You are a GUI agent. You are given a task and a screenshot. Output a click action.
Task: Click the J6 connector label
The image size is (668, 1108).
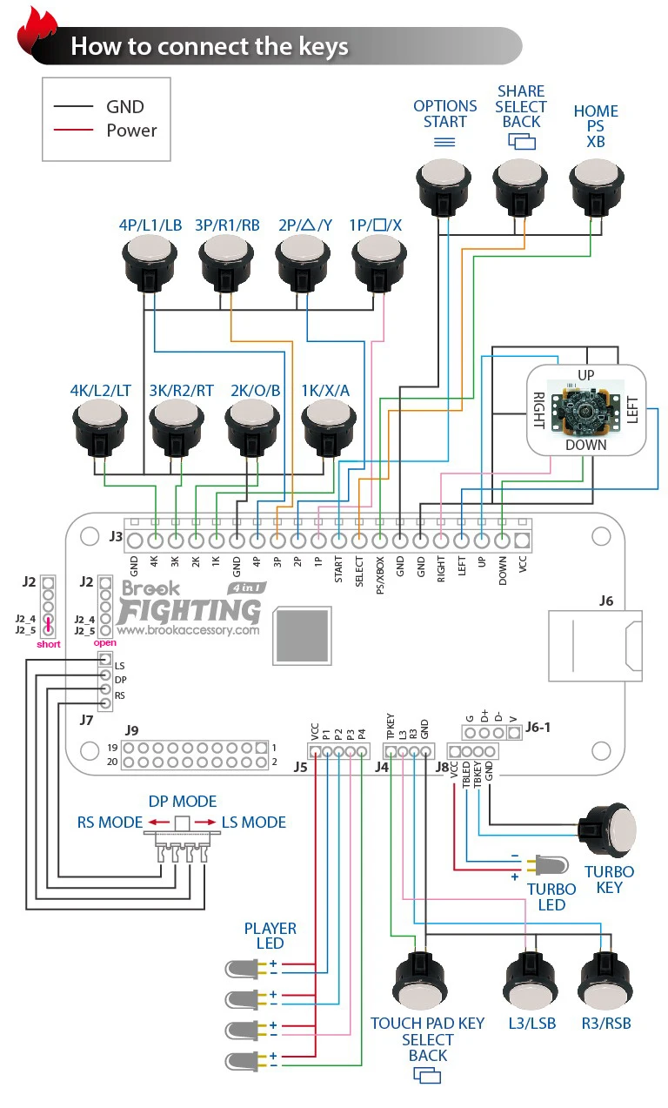[x=606, y=601]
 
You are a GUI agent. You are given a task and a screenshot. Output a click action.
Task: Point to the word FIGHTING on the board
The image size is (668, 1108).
[x=190, y=608]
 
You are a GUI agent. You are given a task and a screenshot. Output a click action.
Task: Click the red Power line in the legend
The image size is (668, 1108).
[x=73, y=131]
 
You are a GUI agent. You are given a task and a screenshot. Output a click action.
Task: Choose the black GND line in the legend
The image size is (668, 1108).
[x=73, y=106]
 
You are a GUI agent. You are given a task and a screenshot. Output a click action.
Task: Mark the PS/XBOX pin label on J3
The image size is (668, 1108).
[x=379, y=574]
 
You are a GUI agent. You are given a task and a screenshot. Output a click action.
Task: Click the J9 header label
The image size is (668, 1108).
[x=132, y=730]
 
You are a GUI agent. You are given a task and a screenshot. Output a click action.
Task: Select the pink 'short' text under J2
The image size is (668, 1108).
[x=49, y=644]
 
